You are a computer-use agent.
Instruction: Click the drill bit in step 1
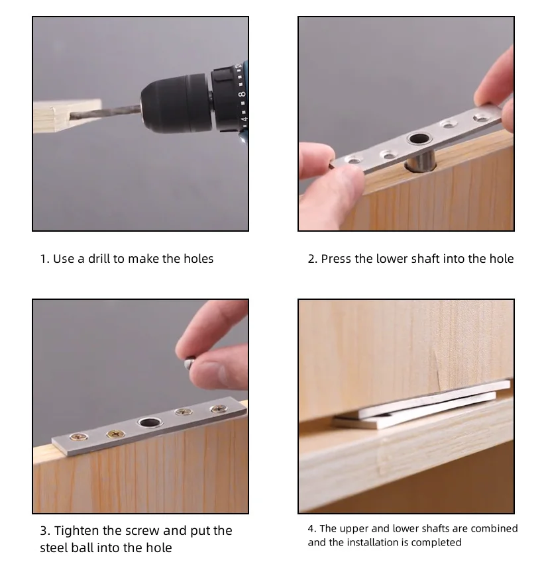pos(105,111)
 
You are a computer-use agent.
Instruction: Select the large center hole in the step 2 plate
pos(419,138)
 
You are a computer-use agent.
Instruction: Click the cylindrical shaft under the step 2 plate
pos(421,162)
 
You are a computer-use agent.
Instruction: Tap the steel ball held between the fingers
pos(190,363)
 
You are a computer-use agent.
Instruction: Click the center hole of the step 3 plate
pos(150,422)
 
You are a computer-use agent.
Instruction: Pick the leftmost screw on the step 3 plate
pos(79,437)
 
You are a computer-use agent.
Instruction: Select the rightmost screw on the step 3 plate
pos(219,409)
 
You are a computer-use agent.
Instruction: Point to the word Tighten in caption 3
pos(77,530)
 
